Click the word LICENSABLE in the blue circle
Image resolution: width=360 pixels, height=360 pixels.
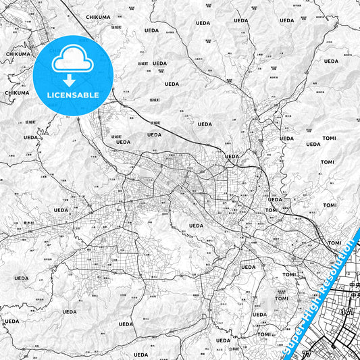click(72, 95)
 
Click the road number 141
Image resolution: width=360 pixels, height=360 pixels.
click(348, 312)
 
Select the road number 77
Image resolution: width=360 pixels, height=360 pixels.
click(306, 353)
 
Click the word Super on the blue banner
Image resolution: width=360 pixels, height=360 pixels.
click(289, 346)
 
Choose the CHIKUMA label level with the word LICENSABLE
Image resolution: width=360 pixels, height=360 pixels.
click(17, 93)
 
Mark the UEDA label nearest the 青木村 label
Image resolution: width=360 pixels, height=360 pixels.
click(61, 210)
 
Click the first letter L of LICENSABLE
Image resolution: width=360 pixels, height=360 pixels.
click(47, 95)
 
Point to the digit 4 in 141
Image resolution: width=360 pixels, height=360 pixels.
click(348, 312)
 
